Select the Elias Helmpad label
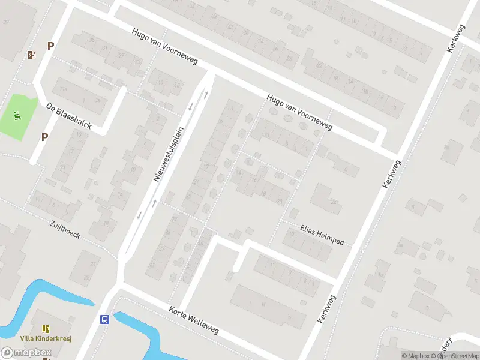click(x=322, y=235)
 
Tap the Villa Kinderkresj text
click(x=46, y=338)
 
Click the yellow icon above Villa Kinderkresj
click(x=46, y=328)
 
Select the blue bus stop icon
click(x=104, y=320)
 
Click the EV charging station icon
click(x=31, y=55)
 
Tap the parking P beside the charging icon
click(x=51, y=46)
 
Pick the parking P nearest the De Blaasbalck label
click(x=44, y=137)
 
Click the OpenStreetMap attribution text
click(x=454, y=356)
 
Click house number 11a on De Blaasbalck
click(x=64, y=89)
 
